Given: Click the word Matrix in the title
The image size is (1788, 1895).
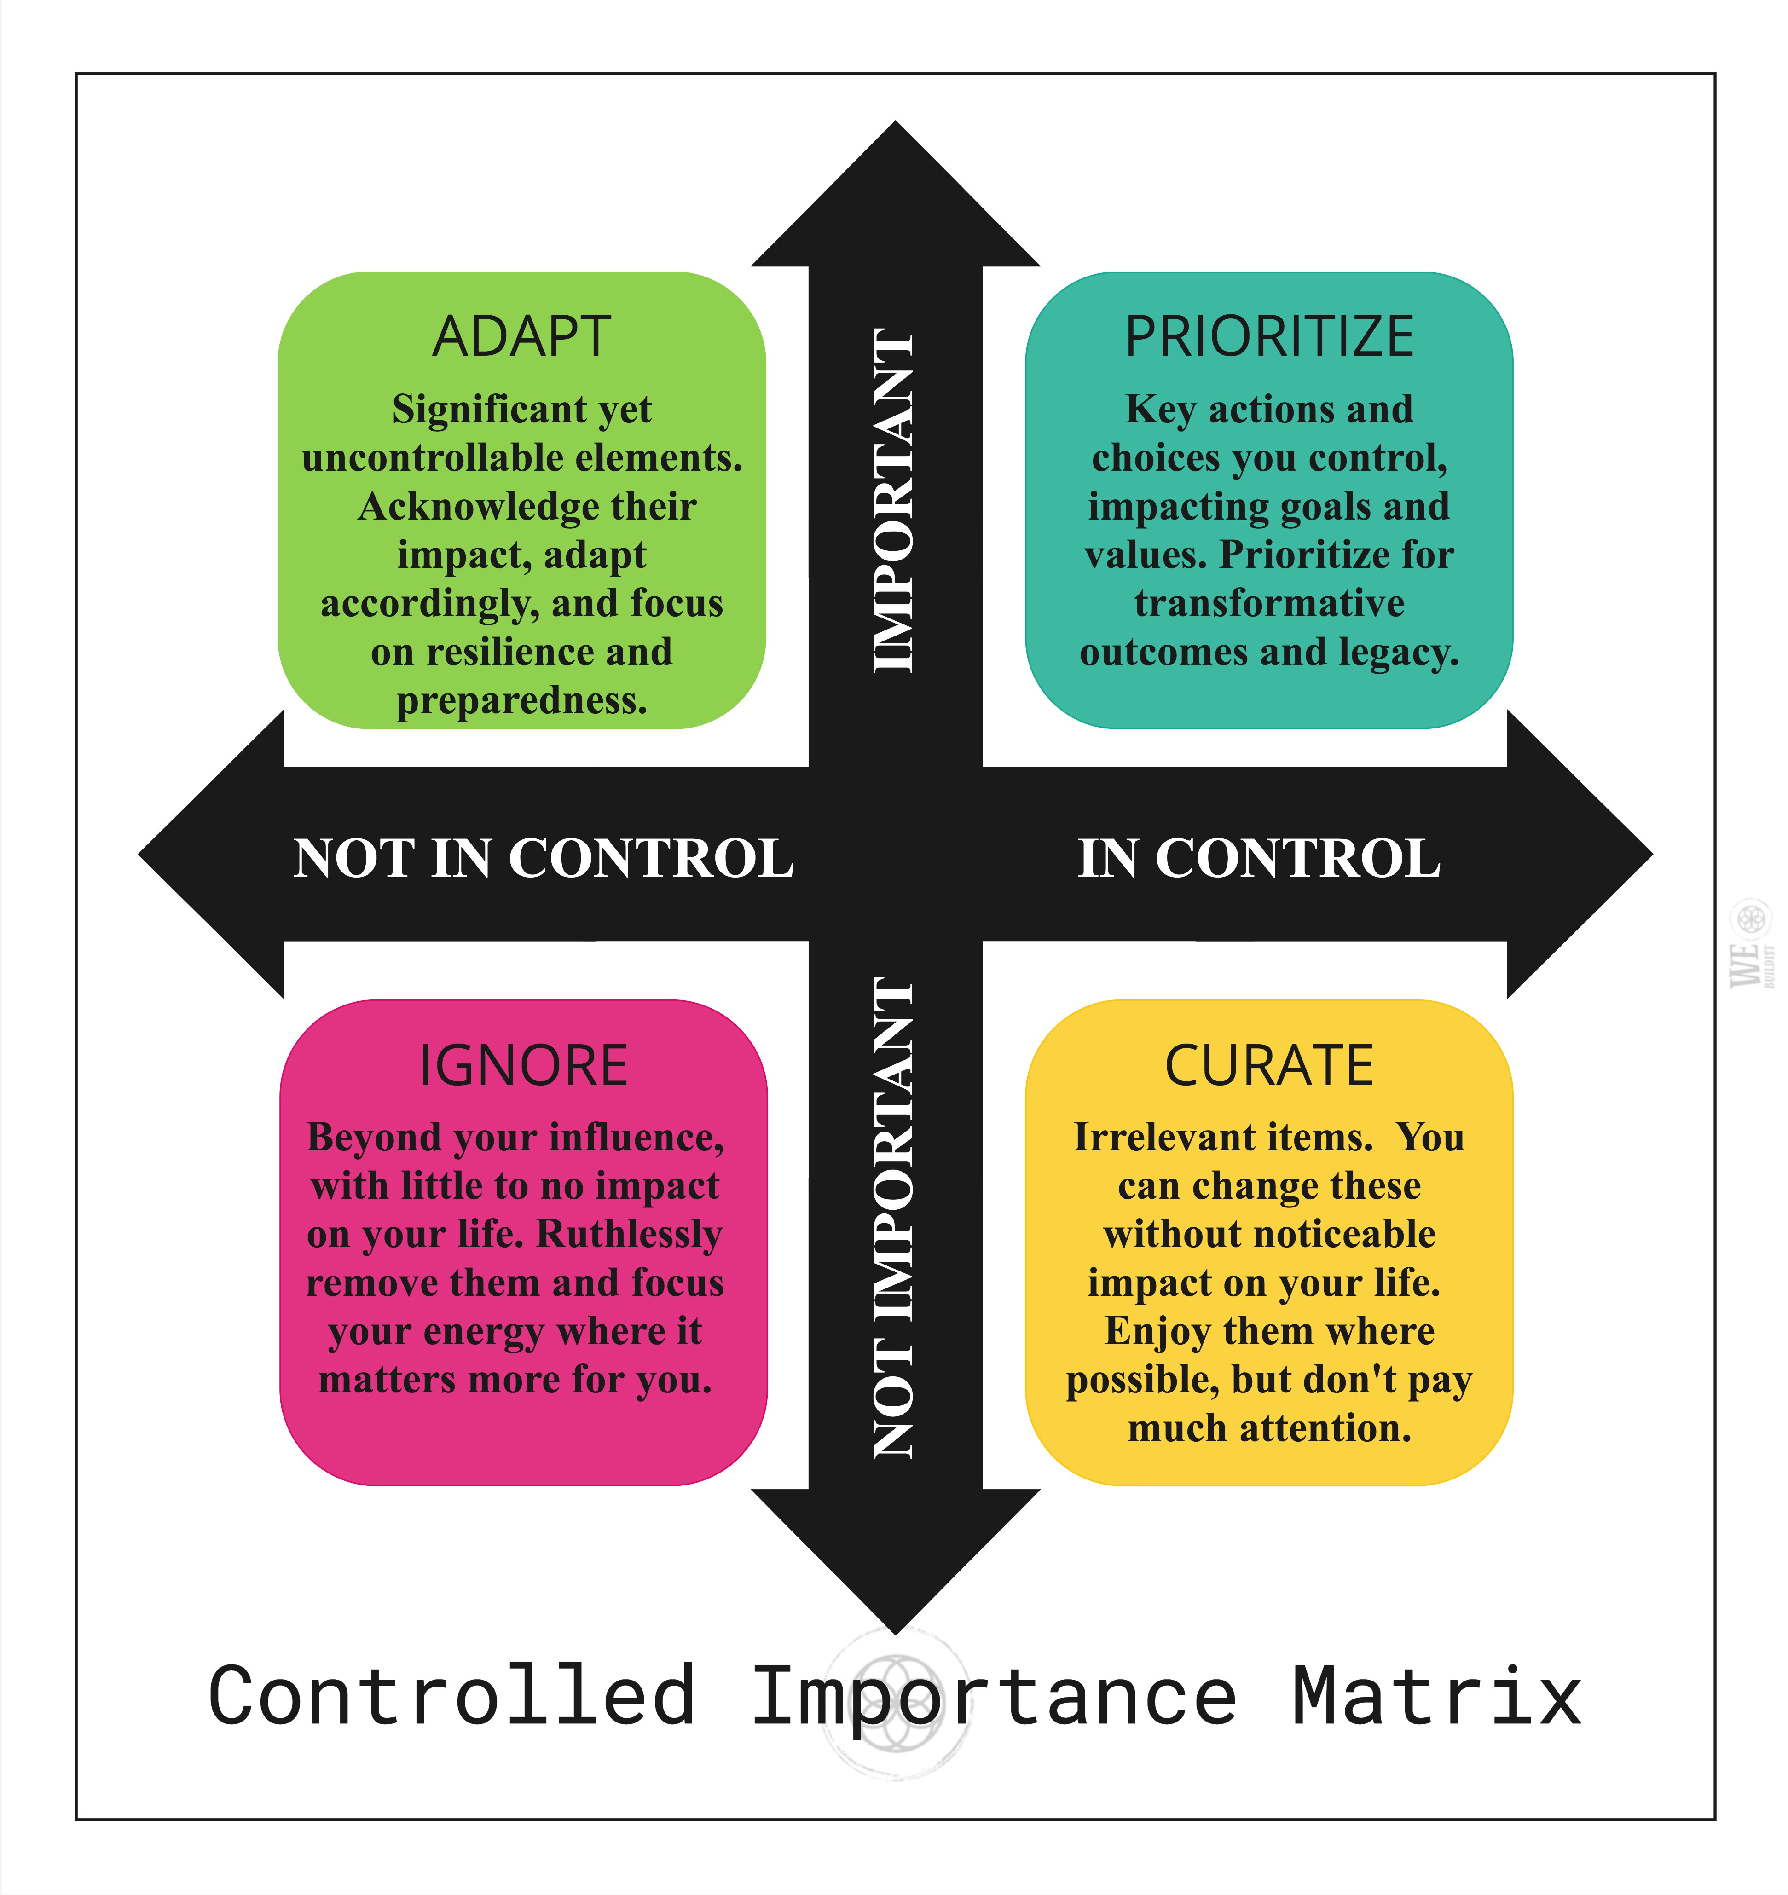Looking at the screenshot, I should click(1437, 1697).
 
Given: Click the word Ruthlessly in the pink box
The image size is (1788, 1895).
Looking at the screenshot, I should click(629, 1234).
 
